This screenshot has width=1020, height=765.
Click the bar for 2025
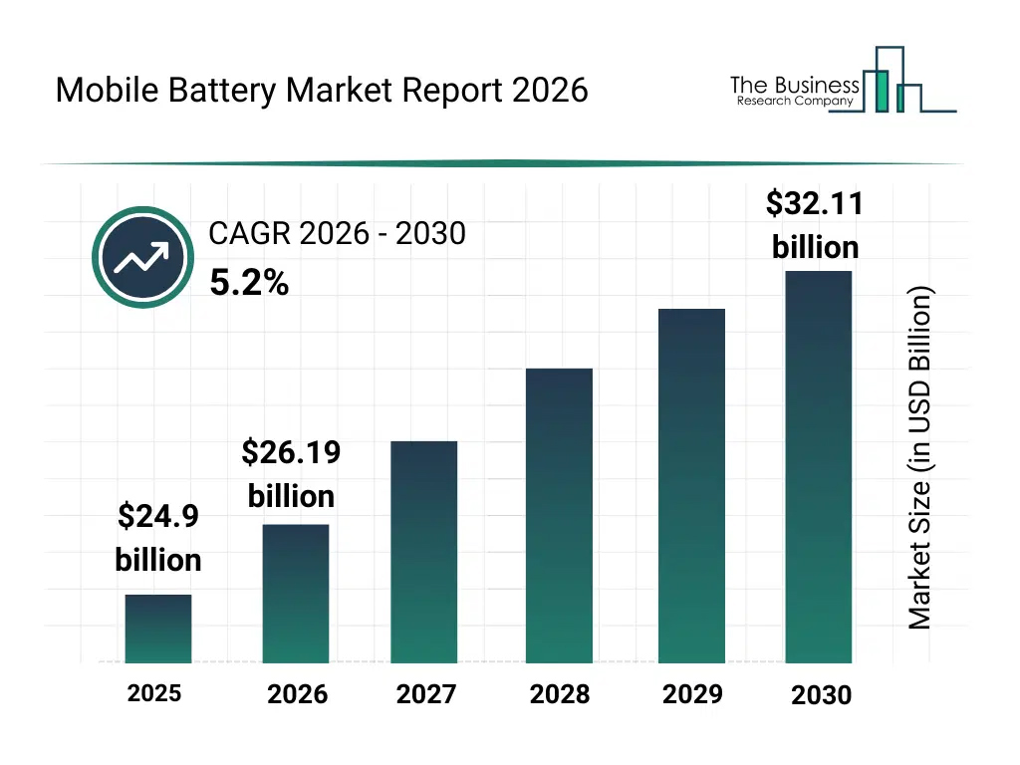pos(158,629)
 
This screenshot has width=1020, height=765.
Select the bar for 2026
pos(296,594)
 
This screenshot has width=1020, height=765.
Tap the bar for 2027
pos(424,552)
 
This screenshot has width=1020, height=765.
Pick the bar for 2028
pos(559,516)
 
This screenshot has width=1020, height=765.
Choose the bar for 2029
pos(692,486)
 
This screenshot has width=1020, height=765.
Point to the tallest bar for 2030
pos(819,467)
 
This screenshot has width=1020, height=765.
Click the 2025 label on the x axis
pos(154,693)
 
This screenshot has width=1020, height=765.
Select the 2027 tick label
pos(426,694)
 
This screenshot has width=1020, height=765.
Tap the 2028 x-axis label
pos(560,694)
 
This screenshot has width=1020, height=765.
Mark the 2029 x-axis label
pos(692,694)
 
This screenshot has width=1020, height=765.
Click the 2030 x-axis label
pos(822,695)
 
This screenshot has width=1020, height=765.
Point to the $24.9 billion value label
pos(158,538)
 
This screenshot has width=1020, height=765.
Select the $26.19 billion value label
pos(291,474)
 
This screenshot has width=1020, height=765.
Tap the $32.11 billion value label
pos(815,225)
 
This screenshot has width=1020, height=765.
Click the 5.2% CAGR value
pos(249,285)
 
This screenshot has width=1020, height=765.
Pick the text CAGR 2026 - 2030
pos(337,234)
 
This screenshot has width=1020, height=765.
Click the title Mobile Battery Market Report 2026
pos(322,91)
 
